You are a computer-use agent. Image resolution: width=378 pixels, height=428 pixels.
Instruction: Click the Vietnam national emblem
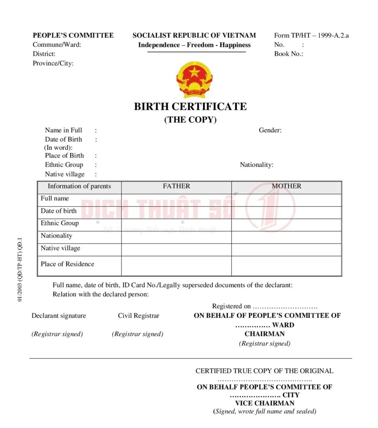[194, 80]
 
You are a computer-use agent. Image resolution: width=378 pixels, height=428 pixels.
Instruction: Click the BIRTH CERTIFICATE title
[190, 107]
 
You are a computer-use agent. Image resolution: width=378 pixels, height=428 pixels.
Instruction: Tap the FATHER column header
[176, 186]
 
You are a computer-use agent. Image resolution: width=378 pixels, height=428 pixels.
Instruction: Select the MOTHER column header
[287, 186]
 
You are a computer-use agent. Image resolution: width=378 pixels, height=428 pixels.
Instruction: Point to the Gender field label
[270, 130]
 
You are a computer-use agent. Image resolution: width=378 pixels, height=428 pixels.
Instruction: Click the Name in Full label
[64, 130]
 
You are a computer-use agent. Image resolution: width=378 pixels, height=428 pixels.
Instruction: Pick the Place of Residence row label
[67, 264]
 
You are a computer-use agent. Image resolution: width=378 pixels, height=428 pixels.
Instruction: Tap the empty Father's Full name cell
[176, 200]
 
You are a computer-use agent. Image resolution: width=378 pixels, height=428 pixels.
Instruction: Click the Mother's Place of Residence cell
[287, 266]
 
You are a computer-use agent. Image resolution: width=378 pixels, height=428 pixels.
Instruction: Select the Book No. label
[289, 54]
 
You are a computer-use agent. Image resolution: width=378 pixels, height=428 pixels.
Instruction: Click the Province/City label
[53, 63]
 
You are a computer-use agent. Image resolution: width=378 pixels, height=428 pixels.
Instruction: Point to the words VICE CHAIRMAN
[265, 403]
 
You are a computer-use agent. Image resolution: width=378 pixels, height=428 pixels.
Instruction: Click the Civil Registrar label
[139, 316]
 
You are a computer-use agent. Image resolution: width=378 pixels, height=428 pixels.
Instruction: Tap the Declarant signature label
[59, 316]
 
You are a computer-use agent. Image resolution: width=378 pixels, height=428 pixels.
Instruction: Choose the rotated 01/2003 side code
[20, 269]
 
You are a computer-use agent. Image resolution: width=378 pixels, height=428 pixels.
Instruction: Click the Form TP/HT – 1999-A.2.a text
[311, 35]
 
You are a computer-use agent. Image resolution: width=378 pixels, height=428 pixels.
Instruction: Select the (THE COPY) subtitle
[190, 120]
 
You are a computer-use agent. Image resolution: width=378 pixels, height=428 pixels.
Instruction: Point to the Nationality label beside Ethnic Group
[256, 165]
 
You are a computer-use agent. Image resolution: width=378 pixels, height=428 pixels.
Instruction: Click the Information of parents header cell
[79, 186]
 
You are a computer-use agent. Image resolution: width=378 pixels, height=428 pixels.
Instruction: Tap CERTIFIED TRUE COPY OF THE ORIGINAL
[264, 371]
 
